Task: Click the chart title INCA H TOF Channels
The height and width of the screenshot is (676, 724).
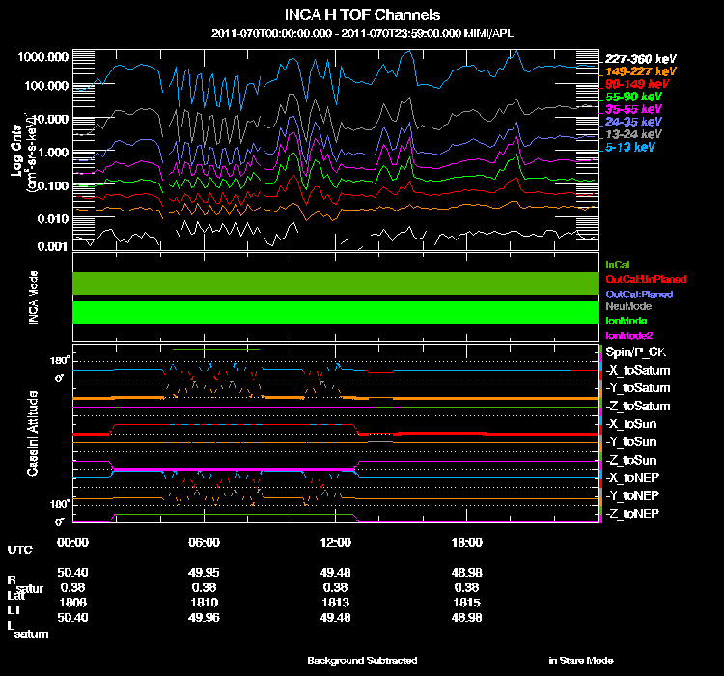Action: pyautogui.click(x=363, y=15)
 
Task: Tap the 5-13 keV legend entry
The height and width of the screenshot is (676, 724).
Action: pyautogui.click(x=632, y=148)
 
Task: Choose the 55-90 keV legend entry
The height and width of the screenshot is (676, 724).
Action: pyautogui.click(x=632, y=98)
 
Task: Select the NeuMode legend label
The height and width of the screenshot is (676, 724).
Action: pyautogui.click(x=628, y=306)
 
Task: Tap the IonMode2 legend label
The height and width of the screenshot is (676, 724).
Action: pyautogui.click(x=630, y=334)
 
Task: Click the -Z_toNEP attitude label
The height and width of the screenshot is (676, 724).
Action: pyautogui.click(x=633, y=513)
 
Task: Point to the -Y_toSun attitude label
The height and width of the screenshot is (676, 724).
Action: pyautogui.click(x=632, y=441)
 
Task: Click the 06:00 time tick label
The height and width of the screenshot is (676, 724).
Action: pyautogui.click(x=204, y=542)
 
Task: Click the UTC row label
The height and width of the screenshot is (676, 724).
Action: pyautogui.click(x=18, y=550)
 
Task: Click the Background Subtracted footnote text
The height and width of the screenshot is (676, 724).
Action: pyautogui.click(x=362, y=661)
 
